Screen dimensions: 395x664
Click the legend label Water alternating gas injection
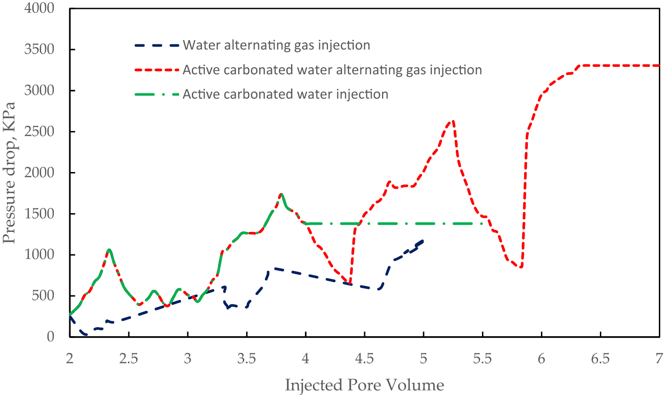pos(276,45)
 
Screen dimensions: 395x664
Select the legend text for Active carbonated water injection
pos(285,94)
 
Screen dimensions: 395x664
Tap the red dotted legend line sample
pos(157,70)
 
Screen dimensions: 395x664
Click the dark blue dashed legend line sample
pos(157,45)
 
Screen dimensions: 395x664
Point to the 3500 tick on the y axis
pos(39,50)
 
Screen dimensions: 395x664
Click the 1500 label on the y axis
pos(39,214)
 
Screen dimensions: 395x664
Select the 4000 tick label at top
pos(39,8)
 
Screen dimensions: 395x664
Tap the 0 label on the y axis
pos(51,337)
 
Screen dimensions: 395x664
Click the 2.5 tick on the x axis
pos(128,359)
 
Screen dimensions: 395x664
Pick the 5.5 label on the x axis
pos(482,359)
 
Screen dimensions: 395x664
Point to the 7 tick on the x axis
pos(659,359)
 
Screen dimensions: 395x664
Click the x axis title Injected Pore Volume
pos(364,385)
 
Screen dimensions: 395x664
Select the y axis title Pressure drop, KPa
pos(9,173)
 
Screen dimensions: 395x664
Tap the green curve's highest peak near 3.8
pos(281,194)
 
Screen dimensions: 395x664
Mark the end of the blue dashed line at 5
pos(423,240)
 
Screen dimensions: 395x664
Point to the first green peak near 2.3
pos(109,250)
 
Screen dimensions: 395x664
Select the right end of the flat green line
pos(484,223)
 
